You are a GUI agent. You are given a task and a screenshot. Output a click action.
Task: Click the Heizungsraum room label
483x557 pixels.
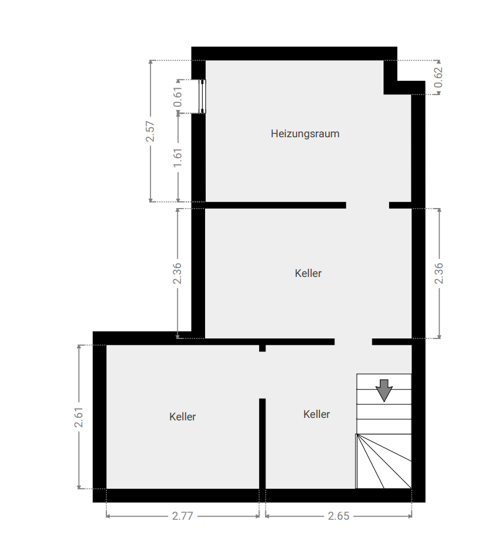click(x=305, y=134)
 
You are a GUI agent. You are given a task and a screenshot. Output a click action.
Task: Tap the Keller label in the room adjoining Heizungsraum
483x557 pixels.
click(x=308, y=273)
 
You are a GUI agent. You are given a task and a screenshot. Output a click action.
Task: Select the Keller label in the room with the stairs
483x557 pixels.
click(x=316, y=414)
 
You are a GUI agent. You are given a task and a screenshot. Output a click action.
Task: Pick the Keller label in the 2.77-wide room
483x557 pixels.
click(x=182, y=417)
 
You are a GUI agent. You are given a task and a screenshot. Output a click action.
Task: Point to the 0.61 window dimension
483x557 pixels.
click(x=178, y=97)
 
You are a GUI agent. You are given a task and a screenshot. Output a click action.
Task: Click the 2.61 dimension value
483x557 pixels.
click(x=79, y=417)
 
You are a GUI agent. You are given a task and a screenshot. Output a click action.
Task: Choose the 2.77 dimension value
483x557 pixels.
click(x=182, y=515)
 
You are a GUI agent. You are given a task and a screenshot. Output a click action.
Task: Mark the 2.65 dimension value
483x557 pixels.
click(x=339, y=515)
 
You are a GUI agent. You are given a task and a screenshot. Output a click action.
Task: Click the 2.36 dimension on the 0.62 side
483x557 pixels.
click(x=439, y=273)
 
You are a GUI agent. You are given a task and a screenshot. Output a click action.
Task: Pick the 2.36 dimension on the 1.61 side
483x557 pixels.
click(x=178, y=273)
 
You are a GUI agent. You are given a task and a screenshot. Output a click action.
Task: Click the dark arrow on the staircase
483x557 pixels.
click(x=384, y=390)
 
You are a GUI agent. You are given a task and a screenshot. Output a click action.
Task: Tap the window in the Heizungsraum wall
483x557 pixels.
click(x=202, y=97)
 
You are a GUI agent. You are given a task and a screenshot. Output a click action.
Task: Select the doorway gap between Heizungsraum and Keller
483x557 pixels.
click(x=367, y=205)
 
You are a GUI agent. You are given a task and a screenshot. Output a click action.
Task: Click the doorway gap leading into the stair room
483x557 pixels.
click(x=353, y=342)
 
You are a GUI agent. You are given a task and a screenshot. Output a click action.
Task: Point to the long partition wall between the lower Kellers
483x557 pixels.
click(x=262, y=443)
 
